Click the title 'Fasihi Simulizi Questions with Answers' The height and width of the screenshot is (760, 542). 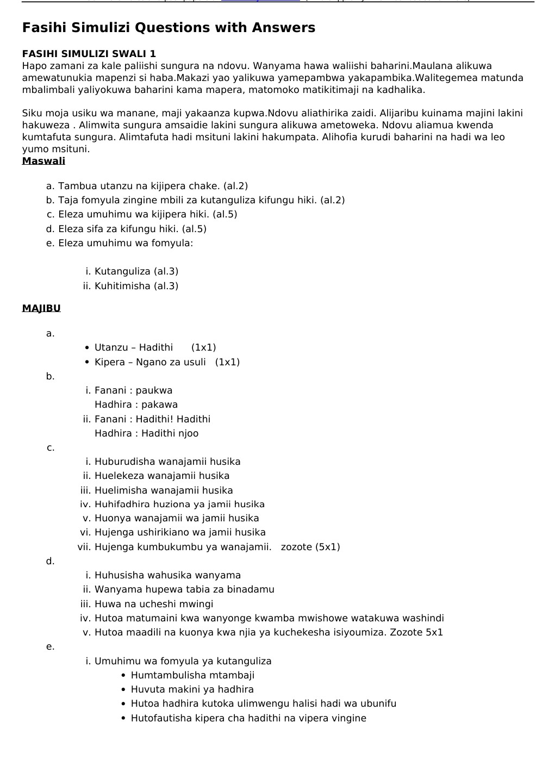coord(169,28)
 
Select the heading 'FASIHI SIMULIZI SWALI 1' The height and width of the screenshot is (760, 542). coord(89,54)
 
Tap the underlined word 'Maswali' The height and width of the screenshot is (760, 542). coord(43,161)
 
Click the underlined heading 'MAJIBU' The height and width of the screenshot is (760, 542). coord(41,308)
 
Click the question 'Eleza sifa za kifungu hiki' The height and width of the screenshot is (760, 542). coord(132,229)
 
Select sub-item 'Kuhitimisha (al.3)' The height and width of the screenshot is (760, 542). coord(136,286)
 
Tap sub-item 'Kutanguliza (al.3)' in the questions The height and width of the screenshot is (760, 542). coord(136,271)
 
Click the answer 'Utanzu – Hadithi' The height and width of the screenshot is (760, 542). coord(134,347)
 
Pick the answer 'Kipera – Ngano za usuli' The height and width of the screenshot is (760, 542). coord(150,362)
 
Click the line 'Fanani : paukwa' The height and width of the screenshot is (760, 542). coord(133,390)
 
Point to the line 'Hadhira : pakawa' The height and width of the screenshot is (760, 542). coord(136,404)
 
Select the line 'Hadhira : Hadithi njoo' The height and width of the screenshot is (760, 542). coord(146,433)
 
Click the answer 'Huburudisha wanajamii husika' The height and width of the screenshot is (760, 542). coord(167,462)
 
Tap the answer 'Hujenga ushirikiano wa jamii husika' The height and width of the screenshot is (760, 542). coord(180,532)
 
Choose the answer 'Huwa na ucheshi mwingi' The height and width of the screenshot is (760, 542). coord(154,604)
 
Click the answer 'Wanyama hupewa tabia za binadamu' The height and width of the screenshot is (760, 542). coord(184,589)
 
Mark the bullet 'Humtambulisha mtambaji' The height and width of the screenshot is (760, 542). coord(192,675)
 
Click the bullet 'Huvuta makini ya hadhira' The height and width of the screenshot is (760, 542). coord(192,689)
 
